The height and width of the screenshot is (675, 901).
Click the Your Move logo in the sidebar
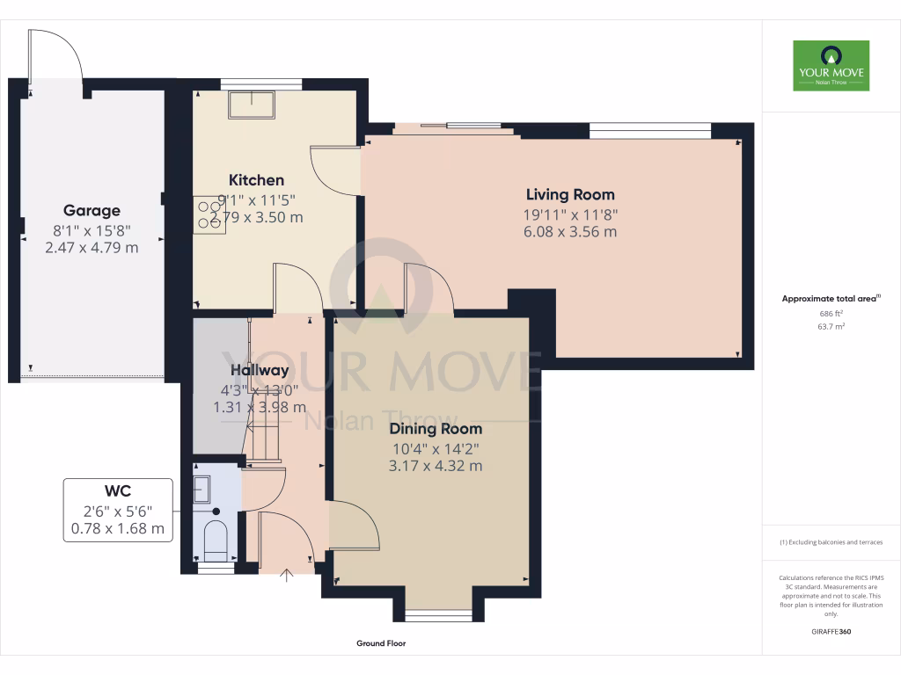[x=831, y=65]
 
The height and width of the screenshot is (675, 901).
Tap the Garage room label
[x=92, y=211]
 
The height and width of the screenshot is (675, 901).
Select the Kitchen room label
[x=256, y=180]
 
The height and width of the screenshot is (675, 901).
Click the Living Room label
[x=570, y=194]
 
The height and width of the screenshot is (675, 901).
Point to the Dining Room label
[x=436, y=429]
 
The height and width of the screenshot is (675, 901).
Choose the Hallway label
[x=260, y=371]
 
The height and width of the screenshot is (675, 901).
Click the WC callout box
[x=117, y=510]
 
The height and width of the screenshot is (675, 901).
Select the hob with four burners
[x=211, y=214]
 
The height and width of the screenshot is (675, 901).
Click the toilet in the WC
[x=215, y=540]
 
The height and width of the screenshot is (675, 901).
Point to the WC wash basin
[x=201, y=487]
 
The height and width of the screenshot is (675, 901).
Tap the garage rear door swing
[x=57, y=54]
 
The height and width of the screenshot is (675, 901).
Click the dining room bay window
[x=438, y=616]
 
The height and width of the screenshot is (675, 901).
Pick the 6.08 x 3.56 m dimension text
[x=570, y=232]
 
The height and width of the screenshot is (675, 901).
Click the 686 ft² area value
[x=831, y=313]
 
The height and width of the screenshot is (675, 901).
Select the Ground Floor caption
[x=381, y=643]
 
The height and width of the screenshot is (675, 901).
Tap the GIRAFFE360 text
[x=831, y=631]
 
